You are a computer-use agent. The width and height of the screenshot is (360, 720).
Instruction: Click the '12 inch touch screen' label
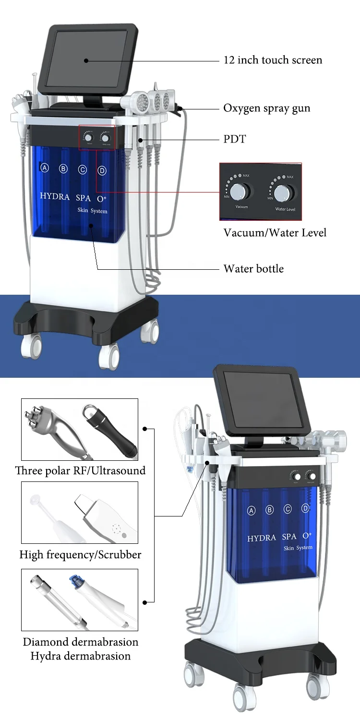coord(273,60)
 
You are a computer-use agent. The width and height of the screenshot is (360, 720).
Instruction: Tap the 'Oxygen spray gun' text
coord(266,108)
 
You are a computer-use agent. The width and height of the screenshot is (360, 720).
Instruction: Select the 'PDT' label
coord(235,139)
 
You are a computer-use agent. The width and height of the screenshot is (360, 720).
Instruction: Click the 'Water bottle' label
coord(253,269)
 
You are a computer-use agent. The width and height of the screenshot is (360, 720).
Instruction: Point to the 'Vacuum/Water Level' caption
coord(275,233)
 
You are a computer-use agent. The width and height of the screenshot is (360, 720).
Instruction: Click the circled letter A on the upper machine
coord(45,168)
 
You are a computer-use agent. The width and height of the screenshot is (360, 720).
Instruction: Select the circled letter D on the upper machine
coord(102,170)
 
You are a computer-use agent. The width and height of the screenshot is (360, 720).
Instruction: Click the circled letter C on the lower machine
coord(288,509)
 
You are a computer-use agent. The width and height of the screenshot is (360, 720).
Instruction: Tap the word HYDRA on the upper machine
coord(54,196)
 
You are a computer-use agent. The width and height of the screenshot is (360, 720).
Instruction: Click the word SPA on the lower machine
coord(289,537)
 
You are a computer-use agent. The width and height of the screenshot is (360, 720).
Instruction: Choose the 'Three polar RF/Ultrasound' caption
coord(80,470)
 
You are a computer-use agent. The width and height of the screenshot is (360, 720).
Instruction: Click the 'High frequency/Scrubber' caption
coord(80,555)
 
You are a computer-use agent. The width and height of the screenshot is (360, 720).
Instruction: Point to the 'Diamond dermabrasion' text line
coord(80,642)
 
